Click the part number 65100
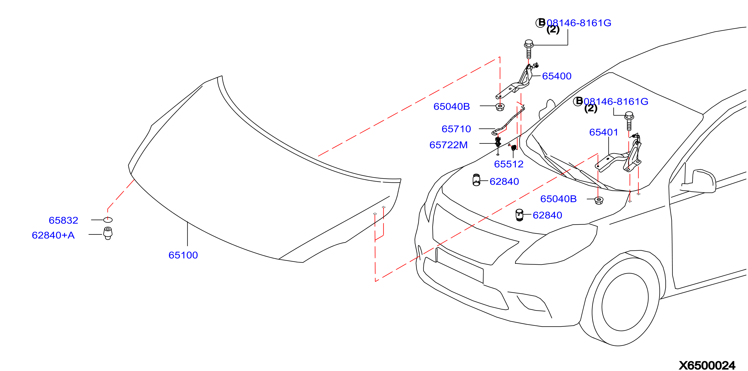click(x=183, y=255)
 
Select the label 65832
click(x=64, y=220)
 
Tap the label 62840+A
click(x=53, y=235)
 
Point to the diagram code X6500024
click(x=707, y=365)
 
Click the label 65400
click(x=557, y=76)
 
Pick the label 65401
click(x=604, y=132)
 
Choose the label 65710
click(x=456, y=129)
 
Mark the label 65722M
click(x=449, y=145)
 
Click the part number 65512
click(x=509, y=164)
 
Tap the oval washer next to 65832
click(x=108, y=220)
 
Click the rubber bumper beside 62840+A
click(x=108, y=233)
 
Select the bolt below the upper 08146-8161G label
click(x=529, y=49)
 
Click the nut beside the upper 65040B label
click(x=500, y=107)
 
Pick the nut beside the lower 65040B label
click(x=599, y=200)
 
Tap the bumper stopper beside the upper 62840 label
click(x=476, y=180)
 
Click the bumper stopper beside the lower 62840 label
click(x=519, y=215)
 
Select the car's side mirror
click(x=698, y=181)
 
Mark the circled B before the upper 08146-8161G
click(x=540, y=22)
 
